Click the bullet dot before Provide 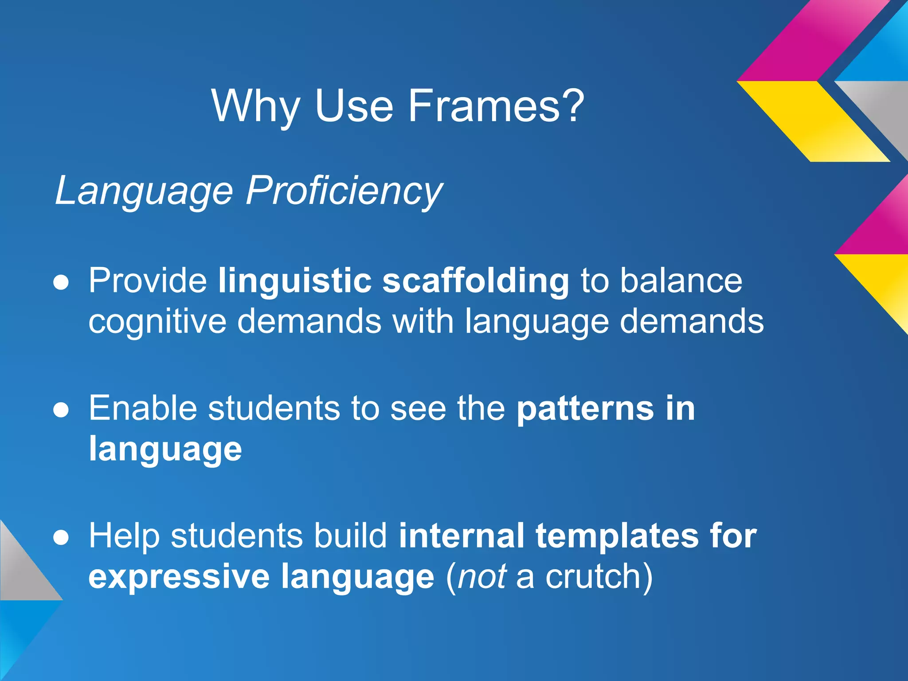(x=61, y=282)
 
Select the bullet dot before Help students (x=61, y=537)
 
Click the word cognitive (x=157, y=321)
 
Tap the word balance (x=681, y=281)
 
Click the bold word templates (x=617, y=536)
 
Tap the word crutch (x=593, y=576)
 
